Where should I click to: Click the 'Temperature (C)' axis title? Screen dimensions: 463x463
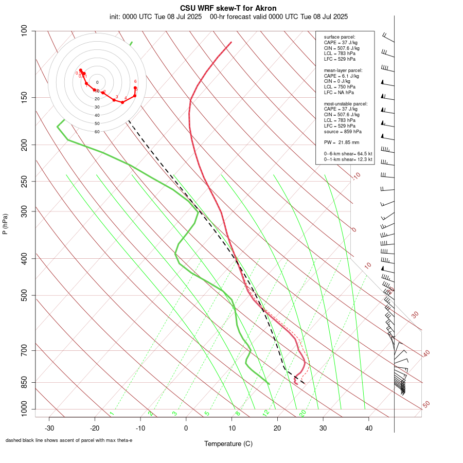point(228,443)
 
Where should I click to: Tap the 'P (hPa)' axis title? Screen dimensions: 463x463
point(5,224)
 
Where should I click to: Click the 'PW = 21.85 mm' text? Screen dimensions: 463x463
point(342,142)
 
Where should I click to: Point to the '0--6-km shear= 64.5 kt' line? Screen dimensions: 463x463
point(348,154)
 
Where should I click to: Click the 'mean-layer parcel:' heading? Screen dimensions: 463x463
point(343,70)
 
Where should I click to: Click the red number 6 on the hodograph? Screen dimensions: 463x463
point(135,81)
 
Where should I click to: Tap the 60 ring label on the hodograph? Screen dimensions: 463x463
point(97,132)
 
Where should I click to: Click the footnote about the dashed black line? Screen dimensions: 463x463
point(69,440)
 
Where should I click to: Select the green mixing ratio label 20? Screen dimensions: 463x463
point(303,413)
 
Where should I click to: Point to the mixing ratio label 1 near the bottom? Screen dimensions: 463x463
point(111,413)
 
